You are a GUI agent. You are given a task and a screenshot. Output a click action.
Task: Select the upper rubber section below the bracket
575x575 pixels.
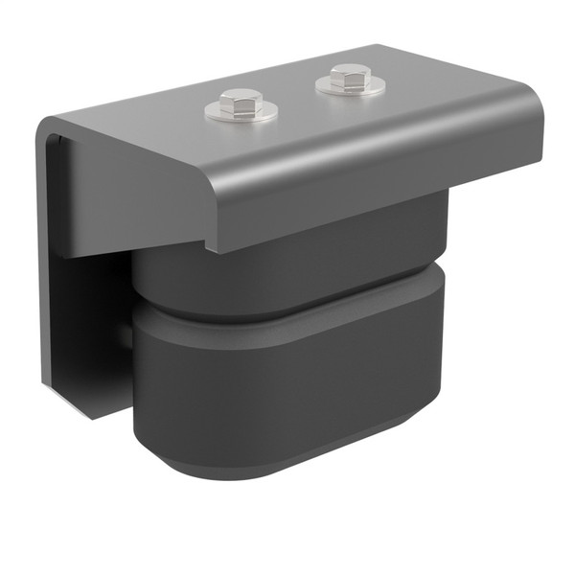287,268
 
